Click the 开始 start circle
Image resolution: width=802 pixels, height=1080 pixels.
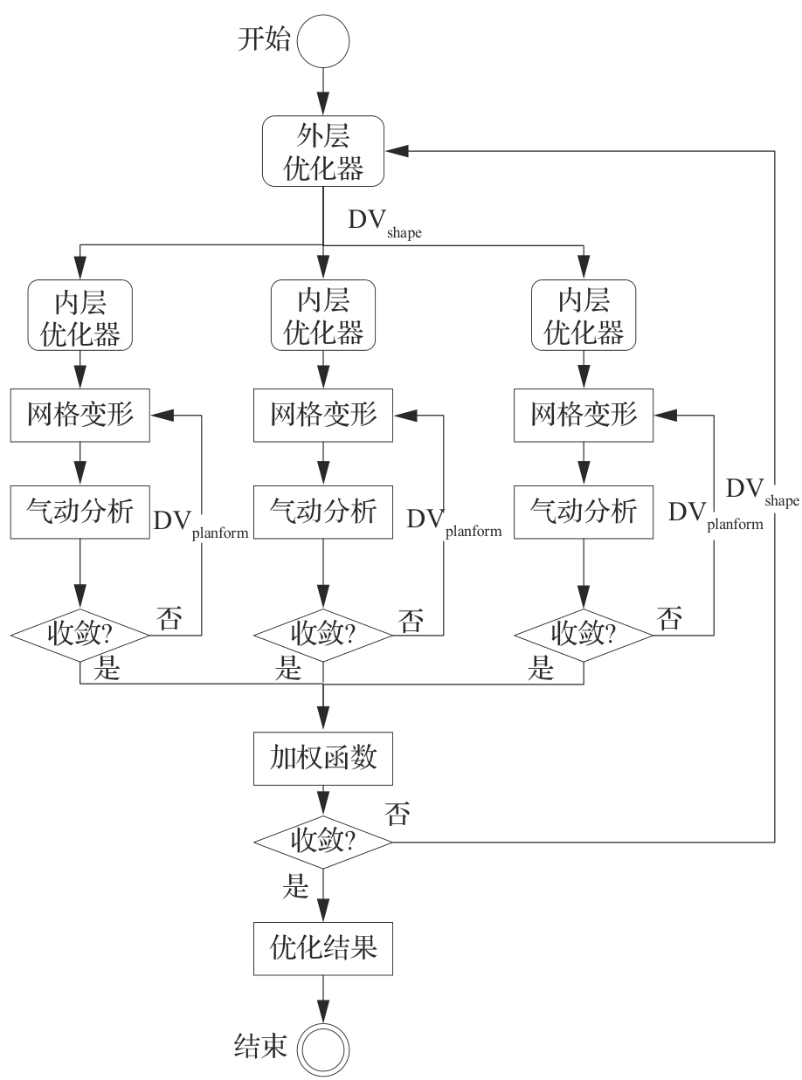click(x=323, y=41)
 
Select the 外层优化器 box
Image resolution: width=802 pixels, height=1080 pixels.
click(x=324, y=150)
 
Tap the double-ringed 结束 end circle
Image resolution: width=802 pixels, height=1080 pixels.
click(x=323, y=1044)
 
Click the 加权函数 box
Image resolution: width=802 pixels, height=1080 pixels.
click(x=324, y=757)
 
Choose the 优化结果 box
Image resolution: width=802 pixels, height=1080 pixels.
click(x=324, y=946)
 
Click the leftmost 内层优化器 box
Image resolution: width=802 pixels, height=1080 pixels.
click(x=80, y=315)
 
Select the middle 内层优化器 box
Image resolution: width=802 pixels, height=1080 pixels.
click(x=324, y=315)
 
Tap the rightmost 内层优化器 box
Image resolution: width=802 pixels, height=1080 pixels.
click(x=584, y=315)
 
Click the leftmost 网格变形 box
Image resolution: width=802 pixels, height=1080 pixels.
click(x=80, y=415)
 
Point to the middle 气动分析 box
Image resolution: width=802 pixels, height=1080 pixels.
click(x=324, y=510)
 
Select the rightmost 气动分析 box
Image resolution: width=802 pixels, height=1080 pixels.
click(x=584, y=510)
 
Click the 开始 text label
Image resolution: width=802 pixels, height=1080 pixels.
click(x=263, y=40)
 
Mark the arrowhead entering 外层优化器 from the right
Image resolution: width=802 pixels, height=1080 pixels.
click(x=396, y=150)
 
